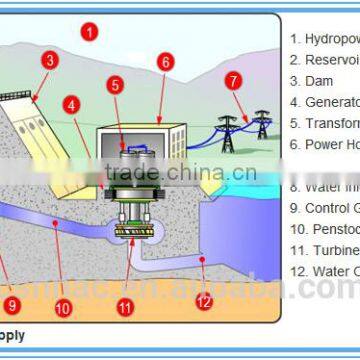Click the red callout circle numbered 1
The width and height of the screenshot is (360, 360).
click(x=90, y=31)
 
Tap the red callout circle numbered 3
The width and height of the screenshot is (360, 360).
click(x=49, y=60)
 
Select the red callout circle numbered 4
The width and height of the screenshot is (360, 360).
click(x=71, y=103)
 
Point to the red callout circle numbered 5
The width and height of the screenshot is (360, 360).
click(x=117, y=86)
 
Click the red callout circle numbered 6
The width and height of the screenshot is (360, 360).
click(x=165, y=61)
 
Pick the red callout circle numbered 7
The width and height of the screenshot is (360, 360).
click(x=233, y=80)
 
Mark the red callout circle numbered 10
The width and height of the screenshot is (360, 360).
click(x=63, y=309)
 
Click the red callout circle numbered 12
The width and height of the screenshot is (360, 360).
click(x=204, y=297)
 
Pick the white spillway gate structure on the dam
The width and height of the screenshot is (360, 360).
click(x=22, y=109)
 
